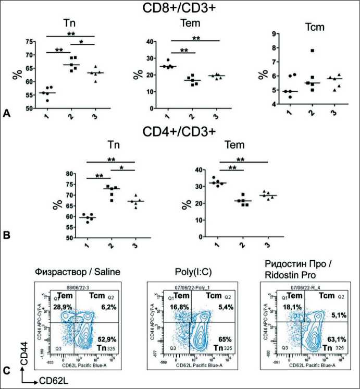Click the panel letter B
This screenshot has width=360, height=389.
[x=7, y=235]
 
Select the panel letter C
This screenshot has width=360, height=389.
[x=7, y=371]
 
